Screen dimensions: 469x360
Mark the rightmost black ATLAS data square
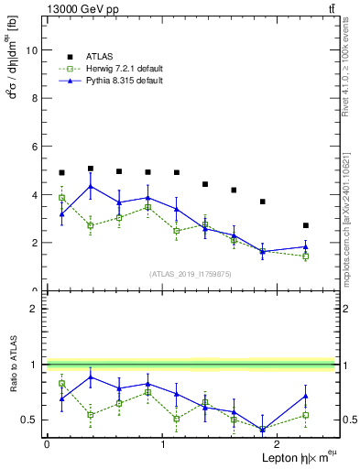306,225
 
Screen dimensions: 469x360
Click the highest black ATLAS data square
91,169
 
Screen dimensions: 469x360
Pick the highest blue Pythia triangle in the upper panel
91,187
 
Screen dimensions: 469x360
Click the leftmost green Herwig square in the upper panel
61,198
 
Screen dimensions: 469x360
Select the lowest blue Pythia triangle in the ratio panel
263,429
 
